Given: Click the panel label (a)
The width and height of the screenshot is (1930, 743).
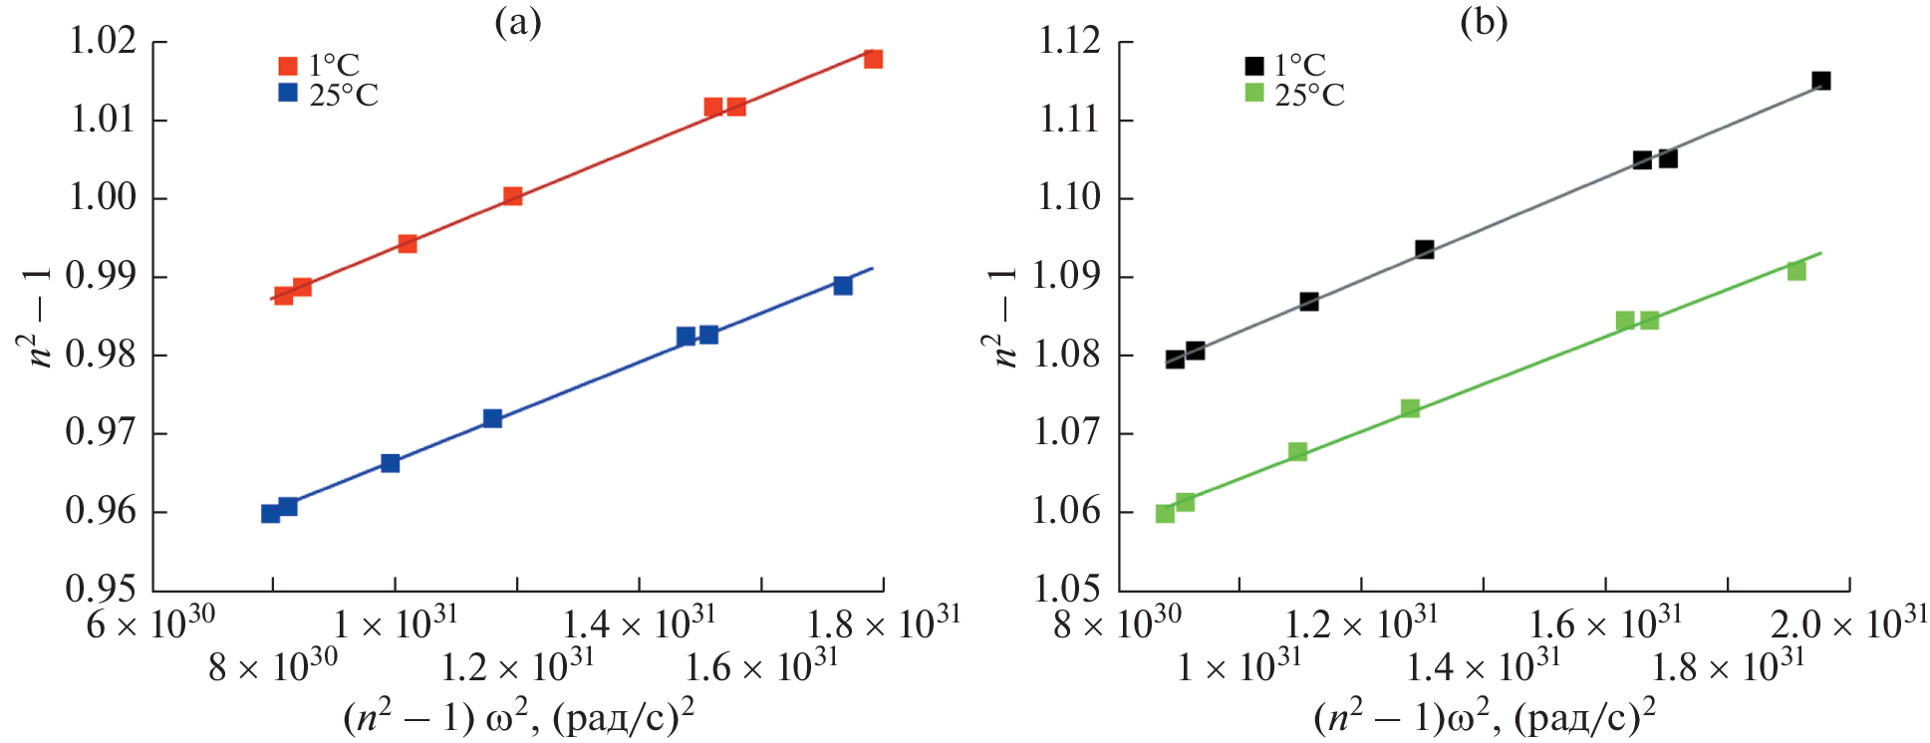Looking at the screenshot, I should (x=518, y=23).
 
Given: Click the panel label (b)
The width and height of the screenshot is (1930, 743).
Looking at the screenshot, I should (x=1484, y=23).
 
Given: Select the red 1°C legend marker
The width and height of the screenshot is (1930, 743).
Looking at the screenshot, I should (x=288, y=67).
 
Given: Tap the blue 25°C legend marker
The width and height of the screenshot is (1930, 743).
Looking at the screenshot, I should (x=288, y=94).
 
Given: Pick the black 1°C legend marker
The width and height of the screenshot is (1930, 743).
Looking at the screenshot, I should (x=1254, y=67).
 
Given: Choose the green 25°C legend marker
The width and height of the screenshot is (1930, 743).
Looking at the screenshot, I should (x=1254, y=94).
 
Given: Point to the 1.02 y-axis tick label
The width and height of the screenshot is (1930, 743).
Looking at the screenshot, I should (x=102, y=42).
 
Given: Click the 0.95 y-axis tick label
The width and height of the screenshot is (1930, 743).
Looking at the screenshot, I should (x=102, y=589).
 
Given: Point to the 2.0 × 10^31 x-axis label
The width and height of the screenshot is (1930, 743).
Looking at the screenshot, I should (x=1848, y=623).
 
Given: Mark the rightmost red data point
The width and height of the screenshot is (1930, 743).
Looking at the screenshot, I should (x=873, y=59).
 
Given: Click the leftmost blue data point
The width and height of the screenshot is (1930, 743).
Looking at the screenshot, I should (x=270, y=514).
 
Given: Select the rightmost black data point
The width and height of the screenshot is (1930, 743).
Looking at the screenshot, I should (x=1821, y=81).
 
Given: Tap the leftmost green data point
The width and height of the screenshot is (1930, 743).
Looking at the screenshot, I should (x=1165, y=514).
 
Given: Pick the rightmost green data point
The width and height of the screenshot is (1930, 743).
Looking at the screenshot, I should (x=1796, y=271).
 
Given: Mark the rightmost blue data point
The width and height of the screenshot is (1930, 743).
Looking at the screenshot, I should (x=843, y=286).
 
